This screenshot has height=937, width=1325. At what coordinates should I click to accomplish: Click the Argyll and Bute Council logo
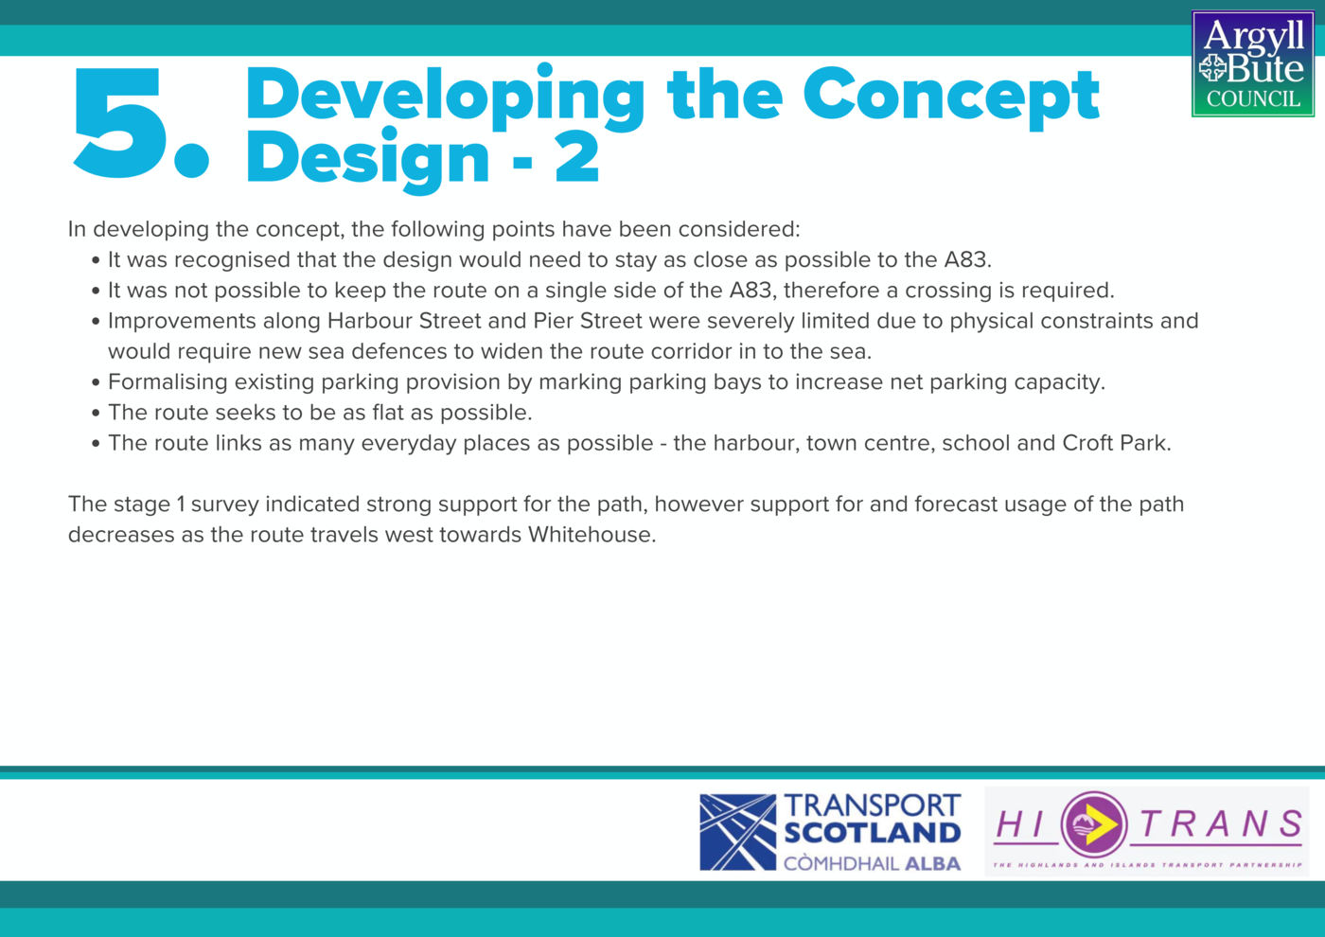pyautogui.click(x=1253, y=64)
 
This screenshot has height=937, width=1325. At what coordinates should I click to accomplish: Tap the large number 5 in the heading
pyautogui.click(x=117, y=123)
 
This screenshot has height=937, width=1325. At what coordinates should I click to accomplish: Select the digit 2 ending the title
pyautogui.click(x=577, y=157)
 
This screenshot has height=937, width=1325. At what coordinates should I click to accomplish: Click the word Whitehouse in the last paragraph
pyautogui.click(x=592, y=535)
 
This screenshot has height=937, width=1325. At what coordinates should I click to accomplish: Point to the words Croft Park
pyautogui.click(x=1116, y=443)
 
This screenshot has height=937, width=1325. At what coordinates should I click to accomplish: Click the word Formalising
pyautogui.click(x=168, y=382)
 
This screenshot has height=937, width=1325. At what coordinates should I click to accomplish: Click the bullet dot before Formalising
pyautogui.click(x=96, y=382)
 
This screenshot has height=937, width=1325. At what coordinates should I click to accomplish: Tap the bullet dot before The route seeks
pyautogui.click(x=96, y=413)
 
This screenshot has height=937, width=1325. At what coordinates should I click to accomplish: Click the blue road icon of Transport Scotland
pyautogui.click(x=737, y=832)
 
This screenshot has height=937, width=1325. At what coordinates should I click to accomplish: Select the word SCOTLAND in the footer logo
pyautogui.click(x=873, y=833)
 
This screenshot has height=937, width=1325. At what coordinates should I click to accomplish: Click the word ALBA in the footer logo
pyautogui.click(x=933, y=863)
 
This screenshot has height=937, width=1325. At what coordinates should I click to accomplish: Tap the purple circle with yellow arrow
pyautogui.click(x=1094, y=824)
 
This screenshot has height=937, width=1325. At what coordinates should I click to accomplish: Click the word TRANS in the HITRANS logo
pyautogui.click(x=1221, y=824)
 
